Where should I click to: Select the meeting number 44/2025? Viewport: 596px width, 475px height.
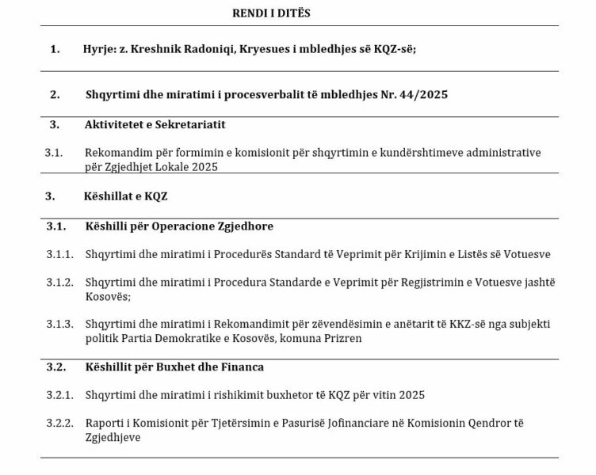[x=422, y=95]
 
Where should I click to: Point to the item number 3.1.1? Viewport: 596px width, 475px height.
[x=59, y=254]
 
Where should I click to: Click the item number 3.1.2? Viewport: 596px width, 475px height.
[x=59, y=283]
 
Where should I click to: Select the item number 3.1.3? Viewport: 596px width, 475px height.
[x=59, y=325]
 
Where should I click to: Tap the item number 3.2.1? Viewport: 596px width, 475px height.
[x=59, y=395]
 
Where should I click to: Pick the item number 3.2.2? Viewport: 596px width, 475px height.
[x=59, y=424]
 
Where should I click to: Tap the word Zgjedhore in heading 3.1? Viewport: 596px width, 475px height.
[x=244, y=226]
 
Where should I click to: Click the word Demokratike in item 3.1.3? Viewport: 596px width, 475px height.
[x=182, y=339]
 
